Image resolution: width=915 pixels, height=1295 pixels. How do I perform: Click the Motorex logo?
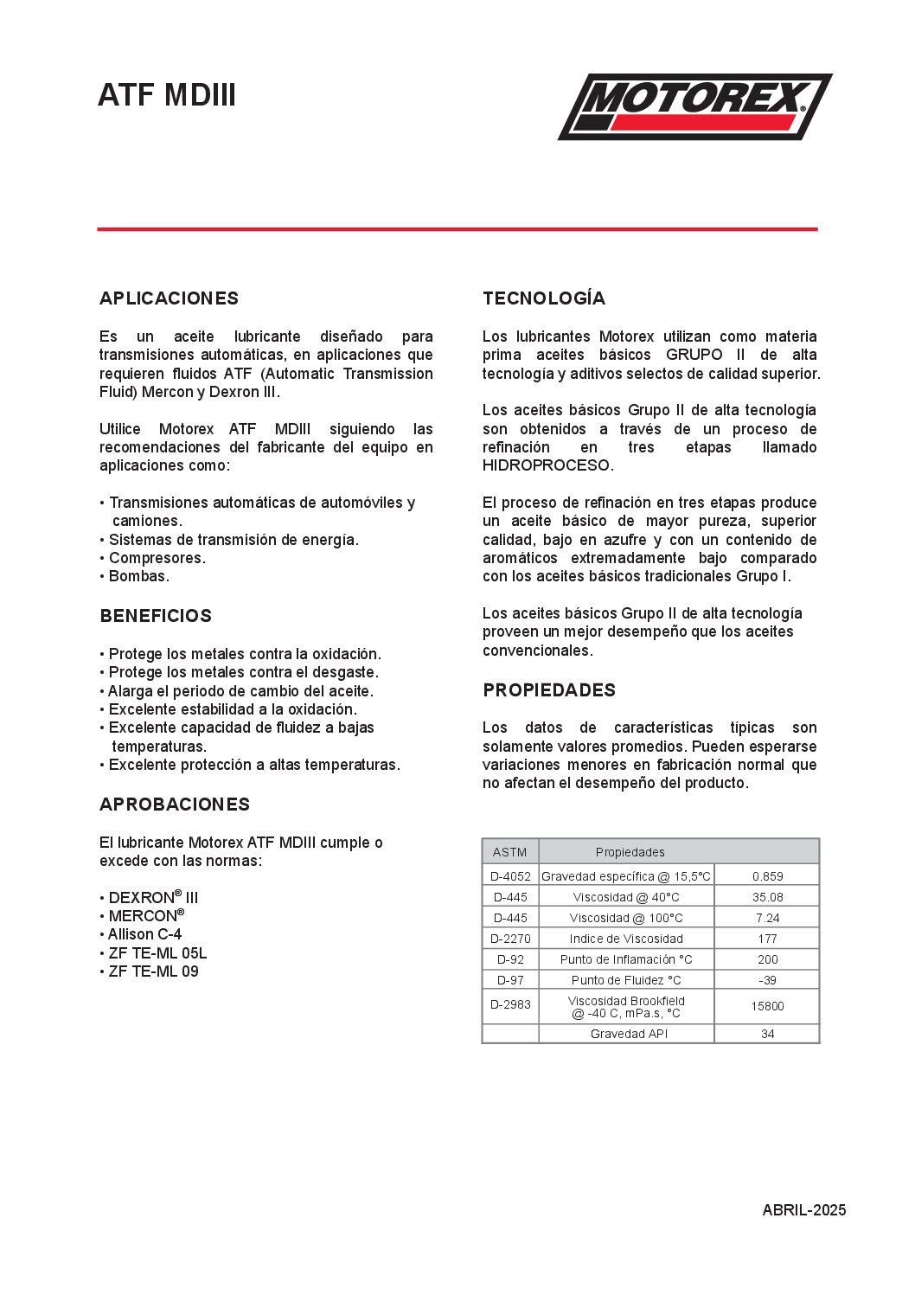pyautogui.click(x=694, y=106)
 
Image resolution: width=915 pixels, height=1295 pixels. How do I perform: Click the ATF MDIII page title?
pyautogui.click(x=167, y=95)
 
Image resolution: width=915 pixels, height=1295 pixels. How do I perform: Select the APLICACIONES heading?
pyautogui.click(x=169, y=298)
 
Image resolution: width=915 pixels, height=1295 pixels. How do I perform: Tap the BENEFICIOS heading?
pyautogui.click(x=156, y=616)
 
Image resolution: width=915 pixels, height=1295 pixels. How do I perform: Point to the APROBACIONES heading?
pyautogui.click(x=175, y=805)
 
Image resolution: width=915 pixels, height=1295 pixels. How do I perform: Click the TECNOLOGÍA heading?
pyautogui.click(x=544, y=298)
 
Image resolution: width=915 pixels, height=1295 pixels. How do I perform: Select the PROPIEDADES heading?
pyautogui.click(x=549, y=690)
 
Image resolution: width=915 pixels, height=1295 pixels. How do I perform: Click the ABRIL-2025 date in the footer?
pyautogui.click(x=803, y=1210)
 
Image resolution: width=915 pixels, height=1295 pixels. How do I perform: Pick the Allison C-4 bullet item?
pyautogui.click(x=144, y=934)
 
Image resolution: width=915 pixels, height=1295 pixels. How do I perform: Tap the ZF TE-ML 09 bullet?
pyautogui.click(x=153, y=971)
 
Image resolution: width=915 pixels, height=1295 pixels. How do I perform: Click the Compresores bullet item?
pyautogui.click(x=157, y=558)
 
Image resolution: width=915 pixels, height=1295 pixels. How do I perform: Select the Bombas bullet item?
pyautogui.click(x=138, y=576)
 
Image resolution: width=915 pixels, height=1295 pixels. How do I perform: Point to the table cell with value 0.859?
pyautogui.click(x=767, y=876)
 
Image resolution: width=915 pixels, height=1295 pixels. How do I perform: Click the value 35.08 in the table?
pyautogui.click(x=767, y=897)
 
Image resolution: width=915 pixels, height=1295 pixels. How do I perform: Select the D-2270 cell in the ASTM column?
pyautogui.click(x=510, y=939)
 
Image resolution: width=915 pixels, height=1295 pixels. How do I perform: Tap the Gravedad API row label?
pyautogui.click(x=629, y=1034)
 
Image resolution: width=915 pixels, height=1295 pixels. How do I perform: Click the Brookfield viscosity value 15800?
pyautogui.click(x=767, y=1006)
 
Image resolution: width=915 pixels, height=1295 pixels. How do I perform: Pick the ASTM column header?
pyautogui.click(x=509, y=852)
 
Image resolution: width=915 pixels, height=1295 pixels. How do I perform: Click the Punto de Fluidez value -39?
pyautogui.click(x=767, y=980)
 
